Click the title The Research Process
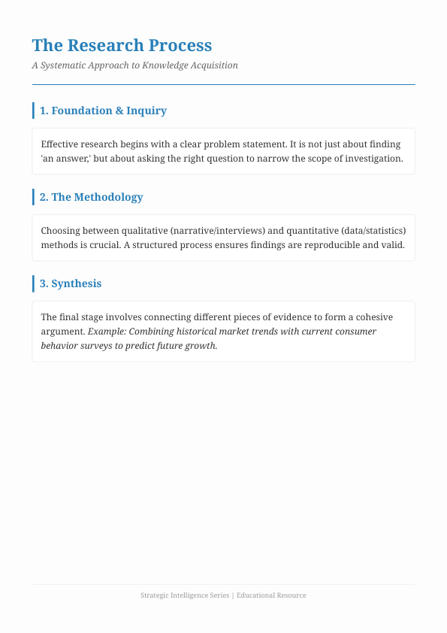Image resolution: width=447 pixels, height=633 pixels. pos(122,46)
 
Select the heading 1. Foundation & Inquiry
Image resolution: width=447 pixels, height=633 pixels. pos(103,111)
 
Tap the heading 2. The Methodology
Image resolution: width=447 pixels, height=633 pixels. pos(91,197)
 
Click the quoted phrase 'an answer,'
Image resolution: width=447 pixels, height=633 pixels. pos(66,159)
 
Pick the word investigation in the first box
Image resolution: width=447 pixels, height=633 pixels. pos(376,159)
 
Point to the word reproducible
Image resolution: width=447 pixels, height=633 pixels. pos(332,245)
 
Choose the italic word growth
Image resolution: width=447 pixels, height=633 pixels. pos(202,346)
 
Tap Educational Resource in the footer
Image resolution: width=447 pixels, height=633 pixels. pos(271,595)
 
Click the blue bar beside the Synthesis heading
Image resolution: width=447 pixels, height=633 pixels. pos(34,283)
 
